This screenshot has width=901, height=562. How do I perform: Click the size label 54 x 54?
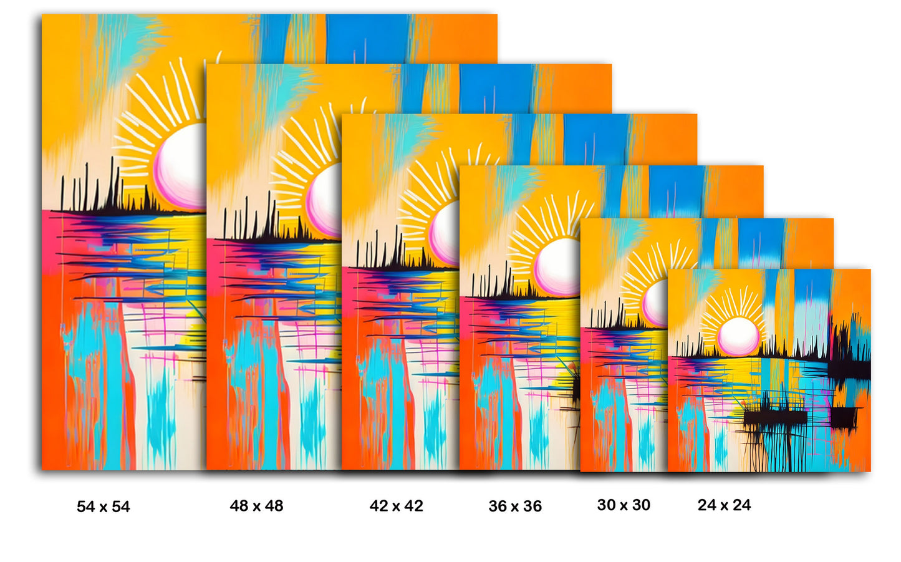tap(104, 506)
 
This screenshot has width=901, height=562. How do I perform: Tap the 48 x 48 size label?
tap(256, 506)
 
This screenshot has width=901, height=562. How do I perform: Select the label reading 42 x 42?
tap(396, 506)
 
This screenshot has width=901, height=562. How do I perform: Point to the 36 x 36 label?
tap(515, 506)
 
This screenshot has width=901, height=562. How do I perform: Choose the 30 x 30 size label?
tap(624, 505)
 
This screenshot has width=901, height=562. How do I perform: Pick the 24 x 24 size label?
tap(724, 505)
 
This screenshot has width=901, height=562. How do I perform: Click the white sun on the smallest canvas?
tap(739, 336)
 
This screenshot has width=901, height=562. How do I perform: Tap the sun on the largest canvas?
tap(181, 165)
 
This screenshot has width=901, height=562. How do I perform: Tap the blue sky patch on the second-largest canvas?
tap(496, 88)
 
